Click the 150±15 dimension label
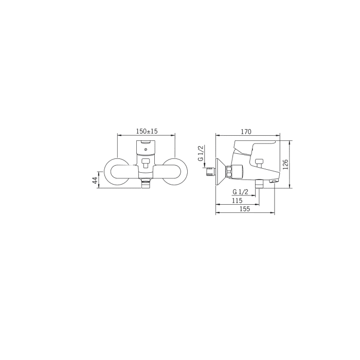coord(147,131)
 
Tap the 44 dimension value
coord(95,180)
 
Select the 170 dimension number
coord(246,132)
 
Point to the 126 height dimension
coord(285,165)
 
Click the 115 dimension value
coord(237,201)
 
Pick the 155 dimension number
coord(245,209)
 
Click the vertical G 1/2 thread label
coord(201,153)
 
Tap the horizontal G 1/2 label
coord(240,192)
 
